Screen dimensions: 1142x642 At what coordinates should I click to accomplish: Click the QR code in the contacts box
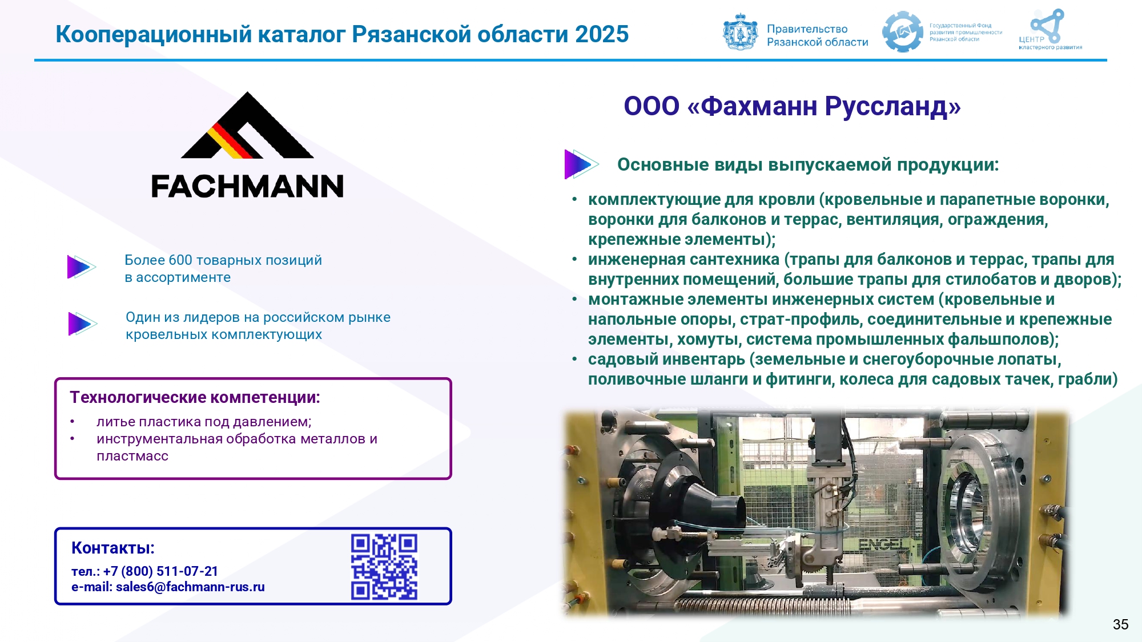coord(384,567)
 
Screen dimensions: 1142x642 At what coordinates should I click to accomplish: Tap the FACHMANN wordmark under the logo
coord(247,187)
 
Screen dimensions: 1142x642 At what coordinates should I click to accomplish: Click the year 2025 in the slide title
coord(602,34)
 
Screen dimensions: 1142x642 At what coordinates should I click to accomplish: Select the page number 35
coord(1120,624)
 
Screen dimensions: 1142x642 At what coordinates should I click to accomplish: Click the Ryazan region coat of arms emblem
coord(741,32)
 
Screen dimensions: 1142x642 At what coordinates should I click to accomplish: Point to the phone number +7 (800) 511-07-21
coord(160,571)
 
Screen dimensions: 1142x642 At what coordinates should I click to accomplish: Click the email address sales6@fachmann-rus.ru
coord(190,587)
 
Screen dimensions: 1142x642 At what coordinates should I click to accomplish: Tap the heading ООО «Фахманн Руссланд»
coord(792,106)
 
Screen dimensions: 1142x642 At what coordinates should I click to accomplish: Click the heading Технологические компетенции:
coord(195,398)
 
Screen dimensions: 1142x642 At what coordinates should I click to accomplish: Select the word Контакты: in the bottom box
coord(113,548)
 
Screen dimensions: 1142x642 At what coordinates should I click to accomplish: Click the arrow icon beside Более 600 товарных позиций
coord(81,267)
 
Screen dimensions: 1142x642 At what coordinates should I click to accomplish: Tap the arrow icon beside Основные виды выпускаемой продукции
coord(581,164)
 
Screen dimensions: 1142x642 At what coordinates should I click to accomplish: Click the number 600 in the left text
coord(180,260)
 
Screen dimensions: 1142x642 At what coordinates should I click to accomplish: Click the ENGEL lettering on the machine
coord(882,544)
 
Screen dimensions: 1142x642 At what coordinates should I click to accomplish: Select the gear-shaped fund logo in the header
coord(903,32)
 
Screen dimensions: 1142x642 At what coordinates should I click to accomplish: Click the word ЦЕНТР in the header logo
coord(1031,39)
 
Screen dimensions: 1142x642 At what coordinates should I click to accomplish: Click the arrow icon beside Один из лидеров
coord(82,324)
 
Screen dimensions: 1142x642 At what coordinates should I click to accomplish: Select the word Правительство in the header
coord(807,29)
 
